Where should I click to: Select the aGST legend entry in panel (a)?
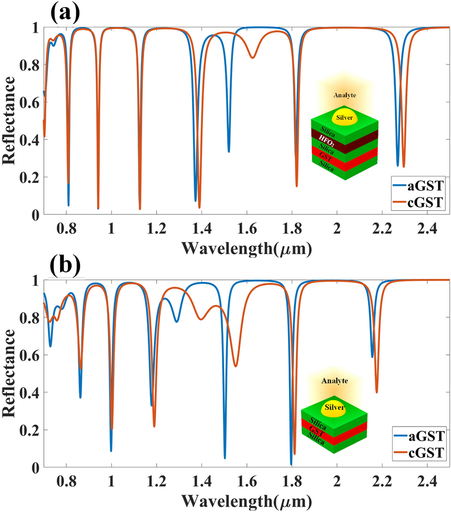point(420,187)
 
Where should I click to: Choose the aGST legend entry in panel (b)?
point(420,436)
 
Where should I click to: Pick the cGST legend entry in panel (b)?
point(420,452)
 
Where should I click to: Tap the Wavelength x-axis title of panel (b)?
point(247,500)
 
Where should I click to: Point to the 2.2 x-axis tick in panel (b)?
point(382,481)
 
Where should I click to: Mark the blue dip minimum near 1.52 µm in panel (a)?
point(229,151)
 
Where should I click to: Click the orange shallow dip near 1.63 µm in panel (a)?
point(253,58)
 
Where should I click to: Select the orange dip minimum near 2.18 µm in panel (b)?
point(376,393)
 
